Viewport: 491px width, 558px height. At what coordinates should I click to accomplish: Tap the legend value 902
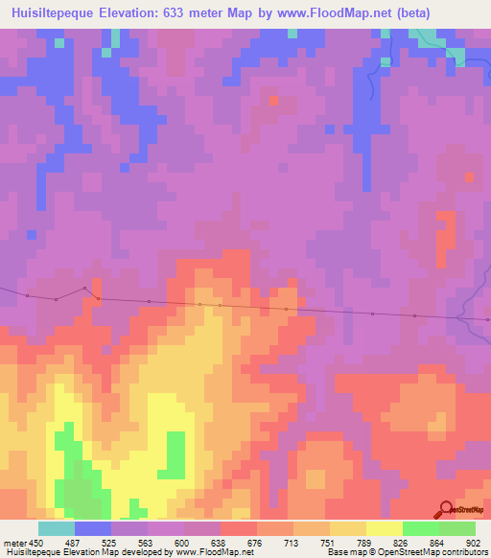[x=474, y=542]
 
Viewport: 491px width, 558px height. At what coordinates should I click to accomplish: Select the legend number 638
[x=220, y=542]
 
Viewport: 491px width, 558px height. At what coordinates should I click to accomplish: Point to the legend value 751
[x=328, y=542]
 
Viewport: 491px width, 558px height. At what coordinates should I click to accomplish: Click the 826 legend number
[x=401, y=542]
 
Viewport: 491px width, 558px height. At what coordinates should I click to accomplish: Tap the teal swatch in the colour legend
[x=56, y=528]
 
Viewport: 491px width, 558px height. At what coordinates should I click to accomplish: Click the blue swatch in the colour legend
[x=92, y=528]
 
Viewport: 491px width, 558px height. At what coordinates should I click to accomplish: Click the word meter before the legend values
[x=14, y=542]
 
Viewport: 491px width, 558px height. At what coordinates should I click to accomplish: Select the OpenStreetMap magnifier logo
[x=446, y=509]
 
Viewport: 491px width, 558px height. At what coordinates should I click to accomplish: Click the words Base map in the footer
[x=342, y=552]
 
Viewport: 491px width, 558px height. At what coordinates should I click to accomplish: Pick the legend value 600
[x=183, y=542]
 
